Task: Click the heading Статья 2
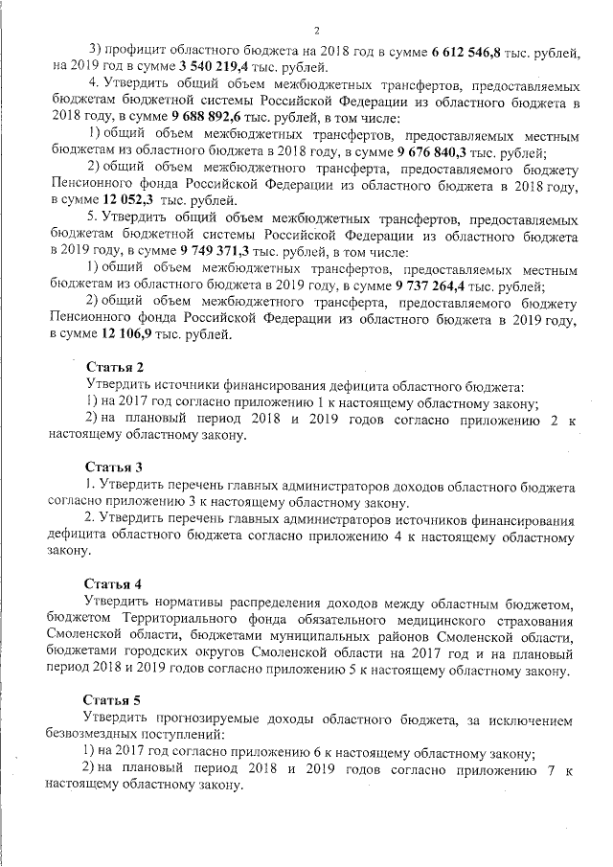[114, 368]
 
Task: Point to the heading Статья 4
[114, 584]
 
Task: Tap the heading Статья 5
[114, 701]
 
